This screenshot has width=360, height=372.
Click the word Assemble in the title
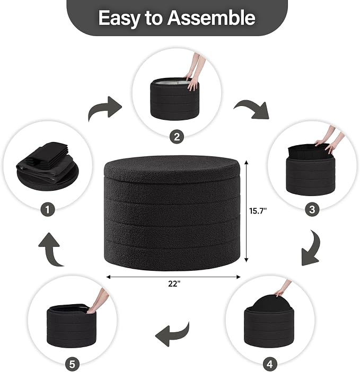coord(211,18)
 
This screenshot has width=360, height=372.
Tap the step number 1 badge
coord(48,209)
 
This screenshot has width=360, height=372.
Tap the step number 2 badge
coord(177,137)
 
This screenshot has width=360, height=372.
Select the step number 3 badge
coord(312,209)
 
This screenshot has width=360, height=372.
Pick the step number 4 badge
coord(270,364)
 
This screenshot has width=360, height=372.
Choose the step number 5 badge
coord(72,364)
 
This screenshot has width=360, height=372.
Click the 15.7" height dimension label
coord(258,211)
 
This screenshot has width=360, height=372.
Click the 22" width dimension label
coord(174,284)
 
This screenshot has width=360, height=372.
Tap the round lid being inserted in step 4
coord(270,303)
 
